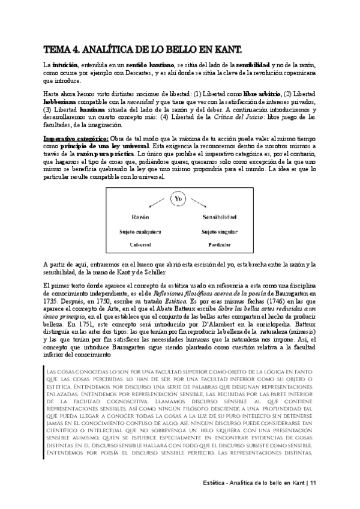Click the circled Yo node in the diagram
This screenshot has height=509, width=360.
pyautogui.click(x=178, y=198)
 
